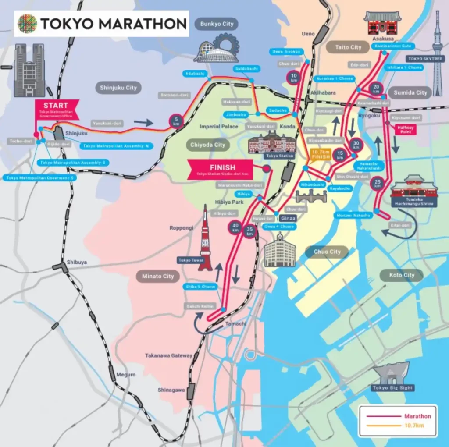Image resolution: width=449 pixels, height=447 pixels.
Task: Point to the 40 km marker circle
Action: [235, 227]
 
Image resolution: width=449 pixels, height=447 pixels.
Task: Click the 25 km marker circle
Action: [378, 184]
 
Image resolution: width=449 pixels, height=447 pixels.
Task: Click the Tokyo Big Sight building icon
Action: [392, 373]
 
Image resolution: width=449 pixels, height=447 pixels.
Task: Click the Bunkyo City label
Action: [217, 24]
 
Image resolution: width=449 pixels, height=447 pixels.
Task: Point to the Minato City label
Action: [158, 277]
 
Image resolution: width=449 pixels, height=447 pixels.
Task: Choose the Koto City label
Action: [402, 275]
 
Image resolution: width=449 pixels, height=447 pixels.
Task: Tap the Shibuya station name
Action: [77, 262]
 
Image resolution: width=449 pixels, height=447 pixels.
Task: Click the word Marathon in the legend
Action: [417, 416]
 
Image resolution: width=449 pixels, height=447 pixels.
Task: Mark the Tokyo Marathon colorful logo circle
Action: [27, 24]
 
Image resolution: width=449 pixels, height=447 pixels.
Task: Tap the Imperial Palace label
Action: [219, 127]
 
